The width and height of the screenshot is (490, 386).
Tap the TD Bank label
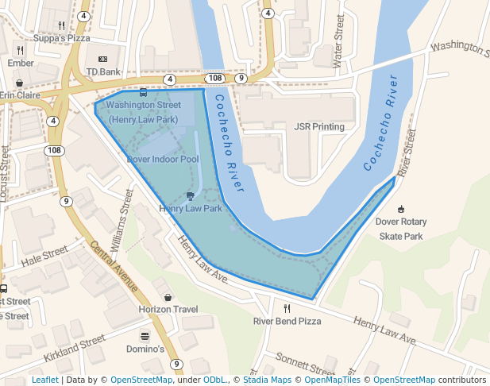click(x=103, y=71)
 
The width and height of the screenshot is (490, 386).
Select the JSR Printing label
click(x=319, y=126)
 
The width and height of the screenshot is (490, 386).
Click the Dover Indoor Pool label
click(x=163, y=159)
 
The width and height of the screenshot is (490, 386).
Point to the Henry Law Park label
click(x=191, y=209)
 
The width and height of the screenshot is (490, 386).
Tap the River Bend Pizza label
click(x=287, y=321)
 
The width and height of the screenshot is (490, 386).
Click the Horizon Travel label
click(x=168, y=309)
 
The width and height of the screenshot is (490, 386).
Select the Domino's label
click(x=145, y=349)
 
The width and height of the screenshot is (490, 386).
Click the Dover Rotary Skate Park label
click(x=401, y=229)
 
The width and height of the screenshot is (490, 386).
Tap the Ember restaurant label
click(x=21, y=63)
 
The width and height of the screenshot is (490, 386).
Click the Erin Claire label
click(x=19, y=95)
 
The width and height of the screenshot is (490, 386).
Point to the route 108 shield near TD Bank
click(x=214, y=79)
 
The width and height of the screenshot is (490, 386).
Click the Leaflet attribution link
click(x=45, y=380)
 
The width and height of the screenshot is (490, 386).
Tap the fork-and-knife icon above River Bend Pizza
click(x=287, y=308)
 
